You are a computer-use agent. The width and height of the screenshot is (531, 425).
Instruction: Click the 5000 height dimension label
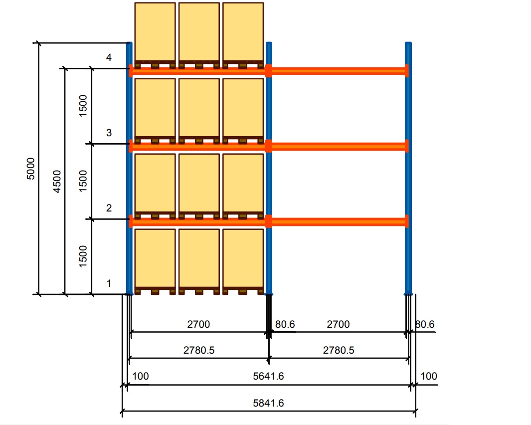coord(30,169)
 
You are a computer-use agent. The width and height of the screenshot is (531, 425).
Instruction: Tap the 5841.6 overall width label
coord(268,403)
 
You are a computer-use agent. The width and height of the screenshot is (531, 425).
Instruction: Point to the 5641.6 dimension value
coord(268,376)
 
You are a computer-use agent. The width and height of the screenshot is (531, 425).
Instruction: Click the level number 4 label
coord(109,58)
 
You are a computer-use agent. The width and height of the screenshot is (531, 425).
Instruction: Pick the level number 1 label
coord(109,283)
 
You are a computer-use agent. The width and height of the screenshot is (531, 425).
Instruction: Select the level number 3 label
coord(109,133)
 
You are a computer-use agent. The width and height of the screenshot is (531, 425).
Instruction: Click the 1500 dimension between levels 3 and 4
coord(83,105)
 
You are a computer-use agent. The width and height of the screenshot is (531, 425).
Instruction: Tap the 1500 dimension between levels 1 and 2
coord(83,256)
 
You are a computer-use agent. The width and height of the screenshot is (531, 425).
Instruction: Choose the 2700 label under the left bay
coord(198,324)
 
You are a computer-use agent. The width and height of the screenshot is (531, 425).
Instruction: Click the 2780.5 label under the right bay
coord(339,350)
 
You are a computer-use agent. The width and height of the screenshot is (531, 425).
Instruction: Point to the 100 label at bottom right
coord(429,376)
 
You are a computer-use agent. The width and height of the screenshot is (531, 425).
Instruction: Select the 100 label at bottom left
coord(141,376)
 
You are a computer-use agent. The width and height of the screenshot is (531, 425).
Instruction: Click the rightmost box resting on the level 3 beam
coord(243,107)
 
